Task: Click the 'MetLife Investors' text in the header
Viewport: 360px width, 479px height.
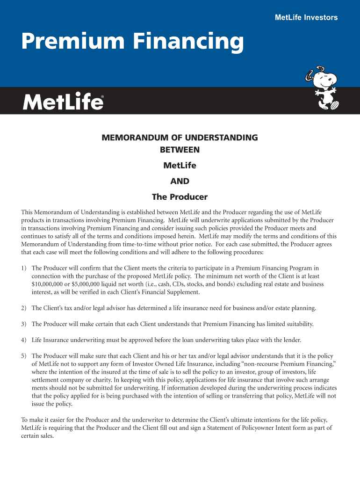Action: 306,18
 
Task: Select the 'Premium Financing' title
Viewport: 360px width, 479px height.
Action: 132,43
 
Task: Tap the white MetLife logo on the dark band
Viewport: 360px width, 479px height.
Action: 63,101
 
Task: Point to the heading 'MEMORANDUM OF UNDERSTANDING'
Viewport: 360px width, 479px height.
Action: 180,138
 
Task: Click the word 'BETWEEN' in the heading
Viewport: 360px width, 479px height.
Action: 180,150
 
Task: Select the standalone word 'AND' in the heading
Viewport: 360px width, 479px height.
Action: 180,181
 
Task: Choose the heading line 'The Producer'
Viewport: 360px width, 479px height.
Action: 180,197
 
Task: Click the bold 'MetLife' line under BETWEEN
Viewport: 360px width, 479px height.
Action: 180,166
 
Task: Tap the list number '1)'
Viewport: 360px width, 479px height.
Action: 24,268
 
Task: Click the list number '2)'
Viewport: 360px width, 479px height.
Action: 24,308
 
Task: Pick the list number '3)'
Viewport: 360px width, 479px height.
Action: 24,324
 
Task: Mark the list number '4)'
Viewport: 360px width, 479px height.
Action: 24,340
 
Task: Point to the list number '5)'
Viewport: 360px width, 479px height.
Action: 24,356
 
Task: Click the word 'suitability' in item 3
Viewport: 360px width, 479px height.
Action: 299,324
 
